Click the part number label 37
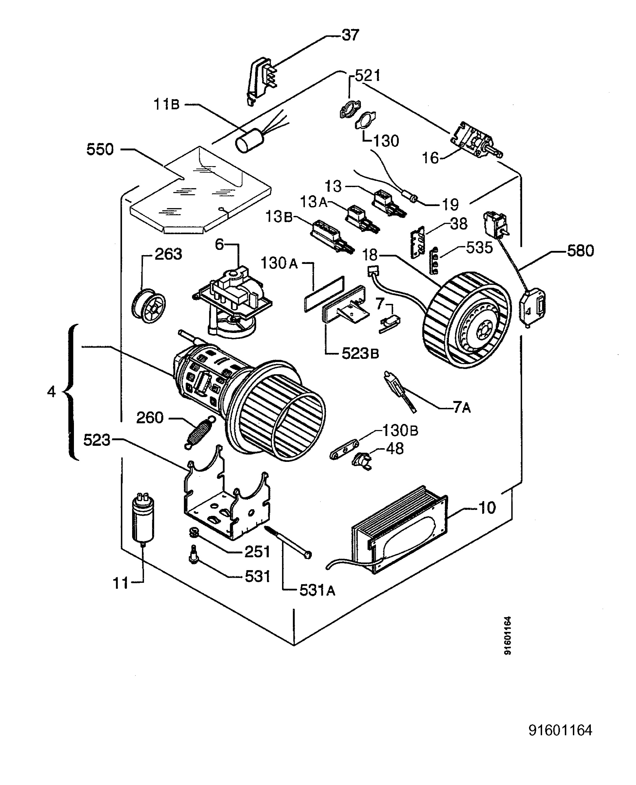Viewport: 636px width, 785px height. pos(350,35)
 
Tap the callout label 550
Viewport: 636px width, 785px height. pos(100,149)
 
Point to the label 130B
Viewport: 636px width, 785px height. pos(400,430)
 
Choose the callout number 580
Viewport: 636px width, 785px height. pos(580,251)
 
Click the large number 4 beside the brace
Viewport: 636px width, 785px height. pos(51,392)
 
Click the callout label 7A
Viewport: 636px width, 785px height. pos(462,407)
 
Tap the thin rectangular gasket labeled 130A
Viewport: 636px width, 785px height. pos(324,294)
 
